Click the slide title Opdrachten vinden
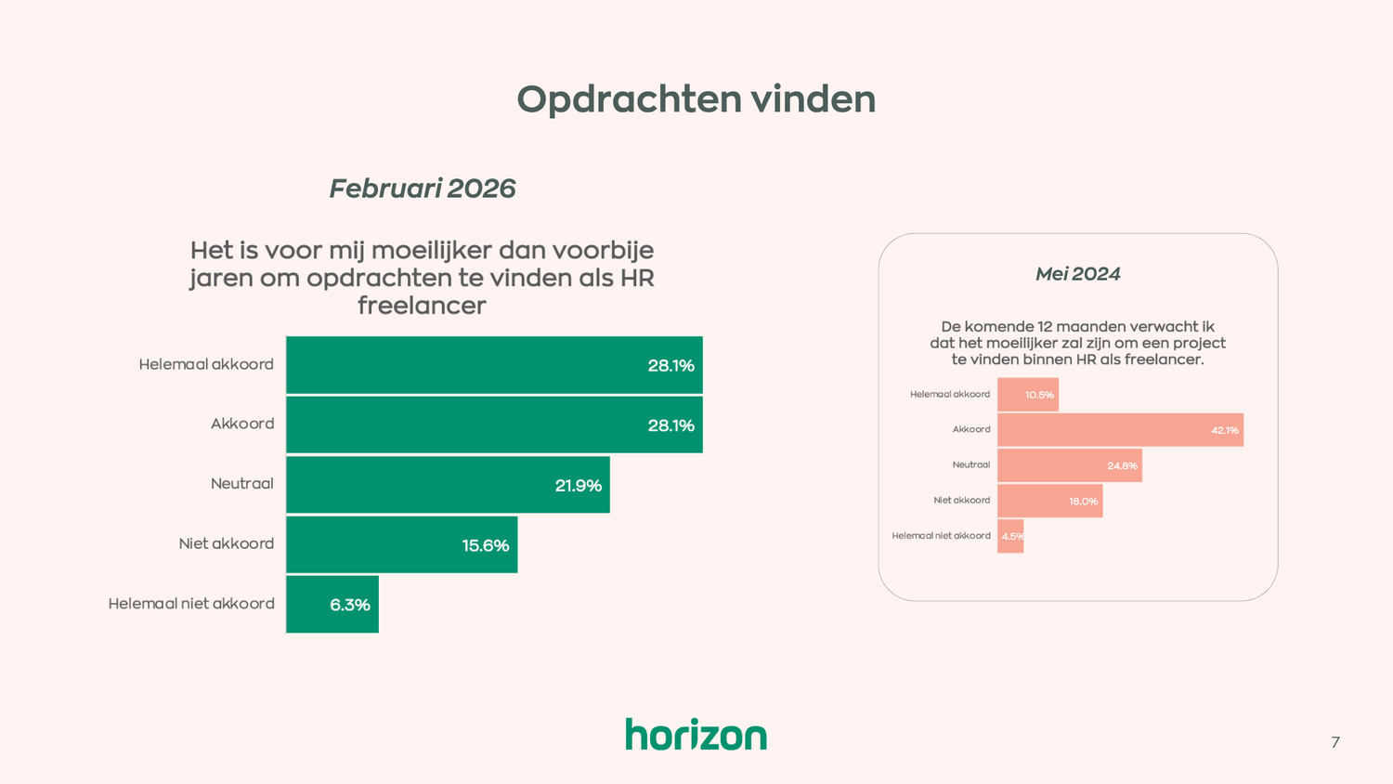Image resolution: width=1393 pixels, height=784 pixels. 696,99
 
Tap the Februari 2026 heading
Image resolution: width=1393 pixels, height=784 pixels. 422,189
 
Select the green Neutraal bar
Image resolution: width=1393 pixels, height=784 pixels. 448,485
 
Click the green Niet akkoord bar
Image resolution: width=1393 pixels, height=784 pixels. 401,544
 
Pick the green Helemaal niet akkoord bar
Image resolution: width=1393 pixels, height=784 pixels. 332,605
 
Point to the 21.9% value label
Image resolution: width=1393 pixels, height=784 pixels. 578,486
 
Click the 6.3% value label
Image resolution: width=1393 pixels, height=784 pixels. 350,606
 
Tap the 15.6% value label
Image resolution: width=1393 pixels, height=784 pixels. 485,546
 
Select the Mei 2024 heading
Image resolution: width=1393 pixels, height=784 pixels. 1077,274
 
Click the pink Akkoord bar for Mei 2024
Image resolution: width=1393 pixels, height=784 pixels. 1120,430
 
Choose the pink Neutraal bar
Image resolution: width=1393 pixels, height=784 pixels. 1069,465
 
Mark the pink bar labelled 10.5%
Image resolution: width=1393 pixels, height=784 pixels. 1027,395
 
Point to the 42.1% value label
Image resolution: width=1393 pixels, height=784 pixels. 1224,430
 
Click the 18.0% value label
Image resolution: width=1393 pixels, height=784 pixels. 1083,502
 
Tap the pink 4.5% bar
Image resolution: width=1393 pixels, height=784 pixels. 1010,536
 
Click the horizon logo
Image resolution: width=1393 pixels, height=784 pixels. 696,734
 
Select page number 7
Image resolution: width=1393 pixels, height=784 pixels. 1334,742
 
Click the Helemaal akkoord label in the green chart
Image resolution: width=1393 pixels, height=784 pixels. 206,364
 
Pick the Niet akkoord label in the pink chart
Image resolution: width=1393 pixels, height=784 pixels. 961,501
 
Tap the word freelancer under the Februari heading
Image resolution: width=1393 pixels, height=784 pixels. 422,306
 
